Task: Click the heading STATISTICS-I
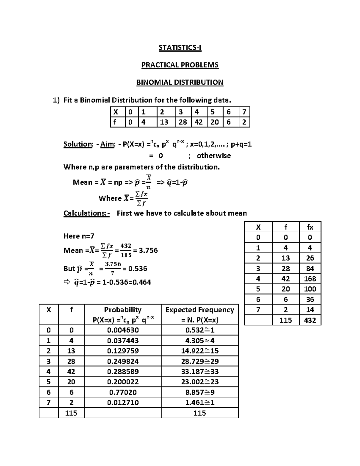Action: click(180, 48)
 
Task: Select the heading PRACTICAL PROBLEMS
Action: click(180, 65)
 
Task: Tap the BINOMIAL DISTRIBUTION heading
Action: click(180, 83)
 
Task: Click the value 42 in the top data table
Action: click(199, 122)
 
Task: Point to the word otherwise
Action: click(214, 156)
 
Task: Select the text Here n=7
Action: click(79, 236)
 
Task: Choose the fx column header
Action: click(310, 227)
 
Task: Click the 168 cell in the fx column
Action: click(310, 279)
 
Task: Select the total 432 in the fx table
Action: click(310, 320)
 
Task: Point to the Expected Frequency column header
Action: click(200, 310)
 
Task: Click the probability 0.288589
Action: click(123, 372)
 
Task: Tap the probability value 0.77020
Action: click(123, 392)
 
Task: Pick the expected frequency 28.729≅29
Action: click(200, 361)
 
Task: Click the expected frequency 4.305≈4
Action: click(200, 341)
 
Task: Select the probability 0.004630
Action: click(123, 330)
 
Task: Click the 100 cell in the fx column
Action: click(310, 289)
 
